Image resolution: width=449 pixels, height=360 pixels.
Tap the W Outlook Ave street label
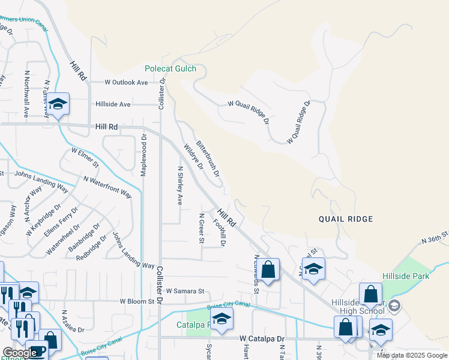click(126, 82)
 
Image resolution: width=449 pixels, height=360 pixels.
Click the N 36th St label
click(435, 237)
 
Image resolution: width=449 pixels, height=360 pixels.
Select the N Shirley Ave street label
click(179, 185)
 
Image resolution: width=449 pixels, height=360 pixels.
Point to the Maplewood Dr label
click(143, 155)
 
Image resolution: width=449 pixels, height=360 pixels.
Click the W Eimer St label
click(84, 157)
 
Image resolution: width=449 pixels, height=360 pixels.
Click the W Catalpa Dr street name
click(261, 339)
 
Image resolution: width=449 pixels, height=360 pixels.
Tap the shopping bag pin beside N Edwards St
click(269, 271)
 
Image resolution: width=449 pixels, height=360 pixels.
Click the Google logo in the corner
click(20, 353)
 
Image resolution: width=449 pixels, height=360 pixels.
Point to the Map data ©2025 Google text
click(412, 355)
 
